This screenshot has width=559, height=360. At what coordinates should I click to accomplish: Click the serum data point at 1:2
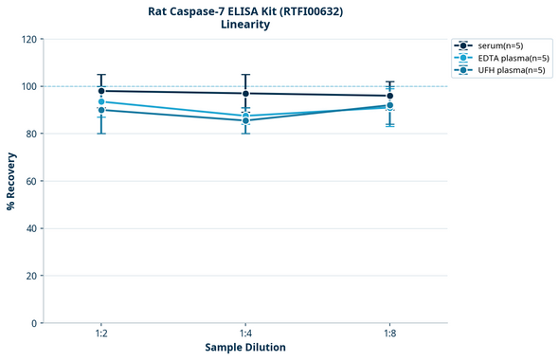click(101, 91)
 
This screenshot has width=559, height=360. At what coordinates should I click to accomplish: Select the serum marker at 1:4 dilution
click(245, 93)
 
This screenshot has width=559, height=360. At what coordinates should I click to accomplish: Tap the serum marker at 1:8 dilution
click(389, 96)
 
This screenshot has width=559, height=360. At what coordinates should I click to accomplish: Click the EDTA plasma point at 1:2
click(101, 101)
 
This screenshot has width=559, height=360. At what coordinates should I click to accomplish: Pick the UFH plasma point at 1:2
click(101, 110)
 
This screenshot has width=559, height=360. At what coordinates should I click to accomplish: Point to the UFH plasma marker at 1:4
click(245, 120)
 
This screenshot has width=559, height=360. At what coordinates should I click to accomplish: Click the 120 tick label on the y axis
click(28, 39)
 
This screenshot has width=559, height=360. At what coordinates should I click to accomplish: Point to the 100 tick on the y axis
click(28, 86)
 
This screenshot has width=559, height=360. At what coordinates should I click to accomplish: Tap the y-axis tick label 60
click(31, 181)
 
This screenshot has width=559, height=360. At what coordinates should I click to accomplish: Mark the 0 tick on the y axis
click(34, 323)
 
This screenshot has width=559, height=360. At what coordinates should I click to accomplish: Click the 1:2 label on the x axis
click(101, 333)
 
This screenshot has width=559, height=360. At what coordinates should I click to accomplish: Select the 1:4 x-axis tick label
click(245, 333)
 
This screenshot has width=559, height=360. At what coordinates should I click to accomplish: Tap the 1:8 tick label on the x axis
click(389, 333)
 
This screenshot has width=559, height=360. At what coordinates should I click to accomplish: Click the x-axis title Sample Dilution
click(245, 348)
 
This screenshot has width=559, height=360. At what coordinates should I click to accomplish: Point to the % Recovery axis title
click(11, 180)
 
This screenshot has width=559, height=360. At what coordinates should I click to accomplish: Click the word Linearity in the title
click(244, 25)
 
